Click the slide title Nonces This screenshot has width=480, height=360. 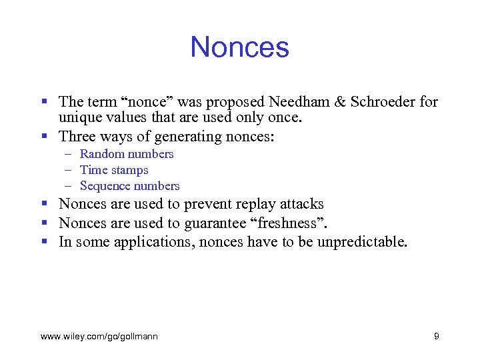point(239,47)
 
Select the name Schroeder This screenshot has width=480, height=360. point(380,102)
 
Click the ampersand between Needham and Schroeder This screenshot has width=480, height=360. point(340,102)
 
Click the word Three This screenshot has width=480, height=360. point(79,137)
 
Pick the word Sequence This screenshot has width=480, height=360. point(105,186)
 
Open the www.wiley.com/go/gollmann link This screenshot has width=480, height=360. point(99,337)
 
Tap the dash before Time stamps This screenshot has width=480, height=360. point(68,170)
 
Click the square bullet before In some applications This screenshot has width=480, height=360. point(44,241)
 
